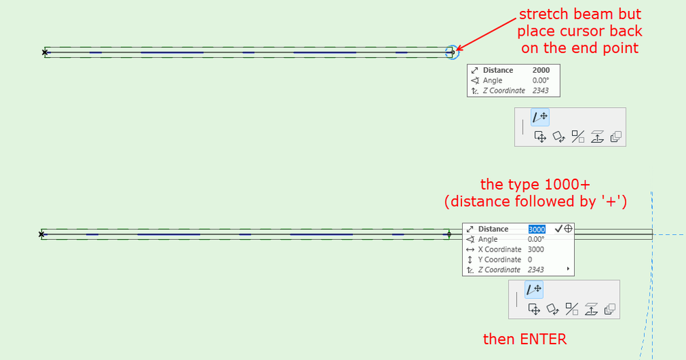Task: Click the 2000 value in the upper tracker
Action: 540,70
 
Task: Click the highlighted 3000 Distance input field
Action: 536,229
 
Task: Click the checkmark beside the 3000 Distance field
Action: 558,229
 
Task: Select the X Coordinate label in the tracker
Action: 499,249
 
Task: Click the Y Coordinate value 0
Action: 529,260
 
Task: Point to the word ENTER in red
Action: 544,339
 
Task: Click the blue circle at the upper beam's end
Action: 451,52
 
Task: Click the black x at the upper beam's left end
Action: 45,52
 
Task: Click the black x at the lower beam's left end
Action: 41,234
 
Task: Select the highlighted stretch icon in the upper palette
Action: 539,117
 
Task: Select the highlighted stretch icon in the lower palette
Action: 534,290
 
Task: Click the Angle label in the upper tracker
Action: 492,80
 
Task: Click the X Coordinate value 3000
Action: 536,249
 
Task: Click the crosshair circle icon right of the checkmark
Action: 569,229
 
